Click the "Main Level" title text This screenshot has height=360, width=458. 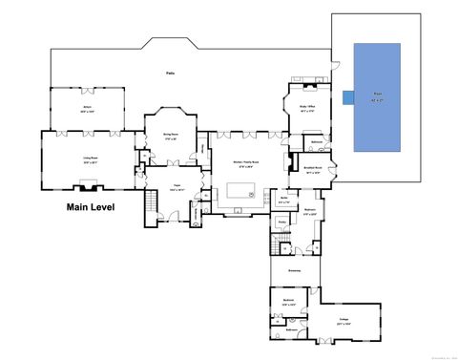coord(92,206)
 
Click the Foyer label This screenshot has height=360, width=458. coord(177,188)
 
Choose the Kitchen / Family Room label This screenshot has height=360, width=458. coord(239,165)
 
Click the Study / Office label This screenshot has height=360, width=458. coord(306,110)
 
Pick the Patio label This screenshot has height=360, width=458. coord(171,73)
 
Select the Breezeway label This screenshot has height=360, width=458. coord(295,270)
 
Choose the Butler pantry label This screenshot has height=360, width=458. coord(283,201)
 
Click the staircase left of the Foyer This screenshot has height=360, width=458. coord(150,204)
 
